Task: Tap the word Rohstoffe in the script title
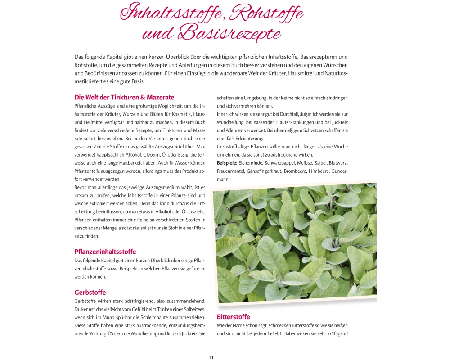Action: (x=266, y=13)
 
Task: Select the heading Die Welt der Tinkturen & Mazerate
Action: (x=124, y=97)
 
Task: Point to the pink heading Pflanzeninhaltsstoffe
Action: (x=105, y=252)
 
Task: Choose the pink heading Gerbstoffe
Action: (x=90, y=292)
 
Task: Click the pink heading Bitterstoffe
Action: (x=233, y=317)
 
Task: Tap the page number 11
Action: (x=211, y=357)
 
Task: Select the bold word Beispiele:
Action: (x=227, y=163)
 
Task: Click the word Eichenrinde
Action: (x=252, y=163)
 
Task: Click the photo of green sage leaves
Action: (x=295, y=243)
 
